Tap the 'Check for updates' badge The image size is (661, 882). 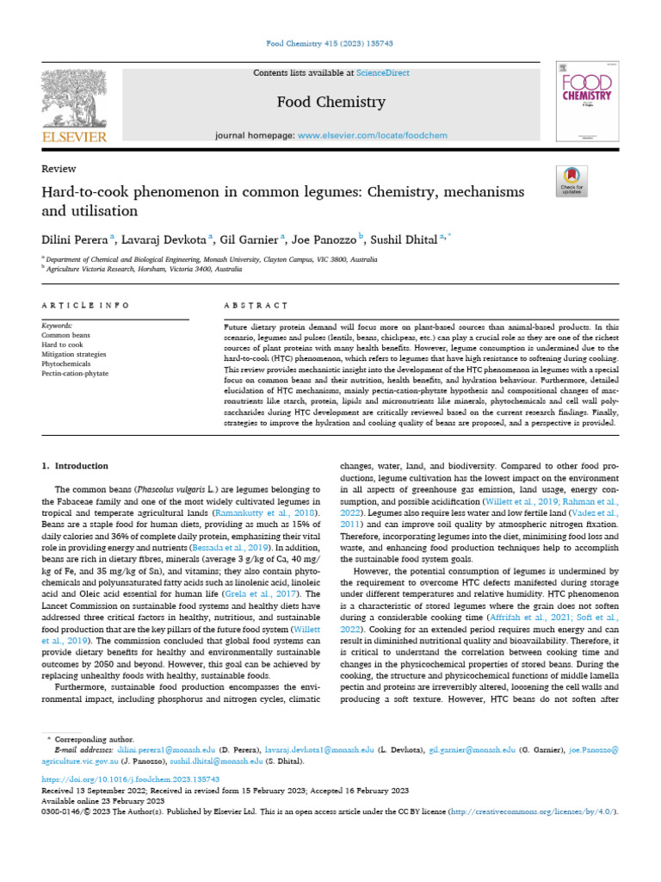tap(571, 178)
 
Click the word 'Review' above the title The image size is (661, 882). tap(59, 169)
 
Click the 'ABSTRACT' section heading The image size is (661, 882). tap(255, 305)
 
